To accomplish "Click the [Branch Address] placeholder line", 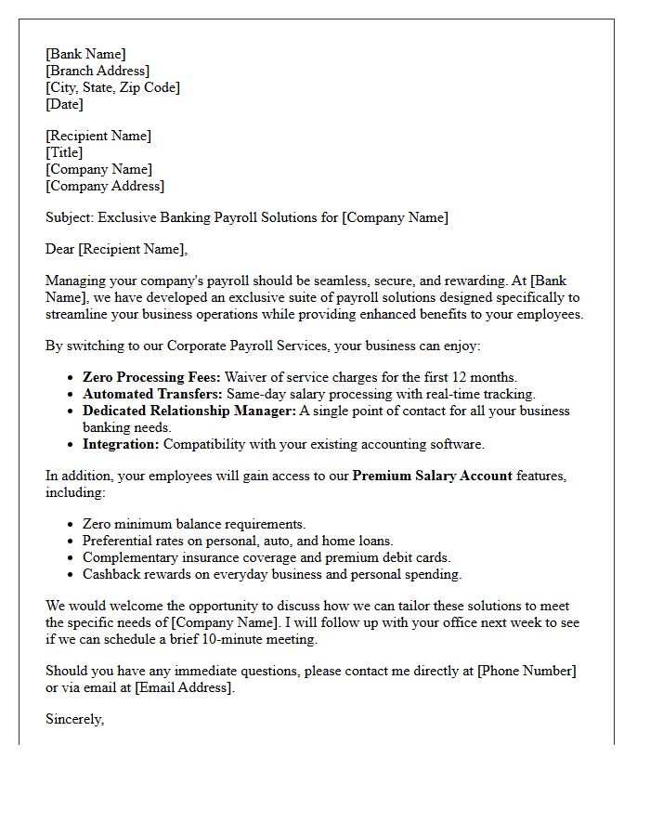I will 97,71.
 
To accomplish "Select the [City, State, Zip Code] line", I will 112,87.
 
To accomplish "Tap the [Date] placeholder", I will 64,104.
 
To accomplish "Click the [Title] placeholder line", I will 64,152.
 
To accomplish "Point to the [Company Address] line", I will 105,186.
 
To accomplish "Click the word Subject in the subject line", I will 69,217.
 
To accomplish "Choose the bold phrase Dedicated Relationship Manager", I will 189,411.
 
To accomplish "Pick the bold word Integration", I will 121,444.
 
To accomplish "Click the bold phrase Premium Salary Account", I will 432,476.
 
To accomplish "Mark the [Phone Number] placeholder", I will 526,671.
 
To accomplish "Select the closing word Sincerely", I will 74,719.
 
